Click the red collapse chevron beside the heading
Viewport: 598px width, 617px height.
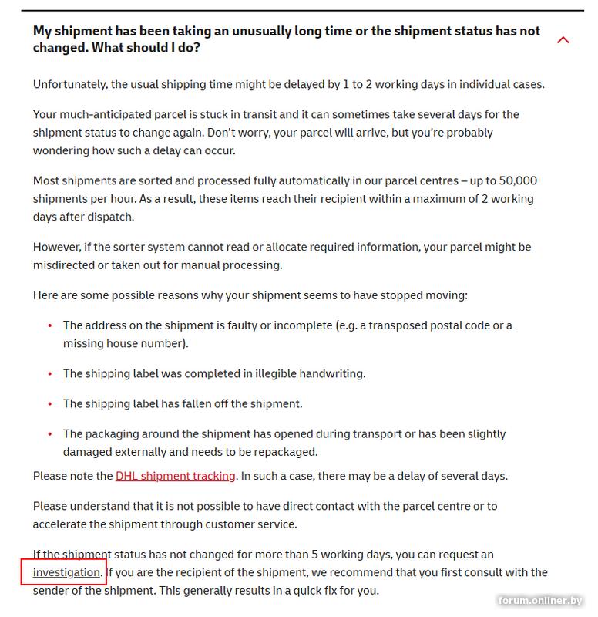click(563, 39)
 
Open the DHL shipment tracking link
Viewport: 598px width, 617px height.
click(175, 476)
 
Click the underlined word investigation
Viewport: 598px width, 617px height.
click(66, 572)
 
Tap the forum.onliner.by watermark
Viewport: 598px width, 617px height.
click(540, 601)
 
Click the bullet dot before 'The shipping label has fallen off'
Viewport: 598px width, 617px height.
click(50, 404)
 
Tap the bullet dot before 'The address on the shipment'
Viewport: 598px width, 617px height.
click(50, 326)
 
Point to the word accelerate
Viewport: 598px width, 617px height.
click(62, 524)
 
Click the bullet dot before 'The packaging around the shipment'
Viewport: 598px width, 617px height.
click(50, 435)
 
